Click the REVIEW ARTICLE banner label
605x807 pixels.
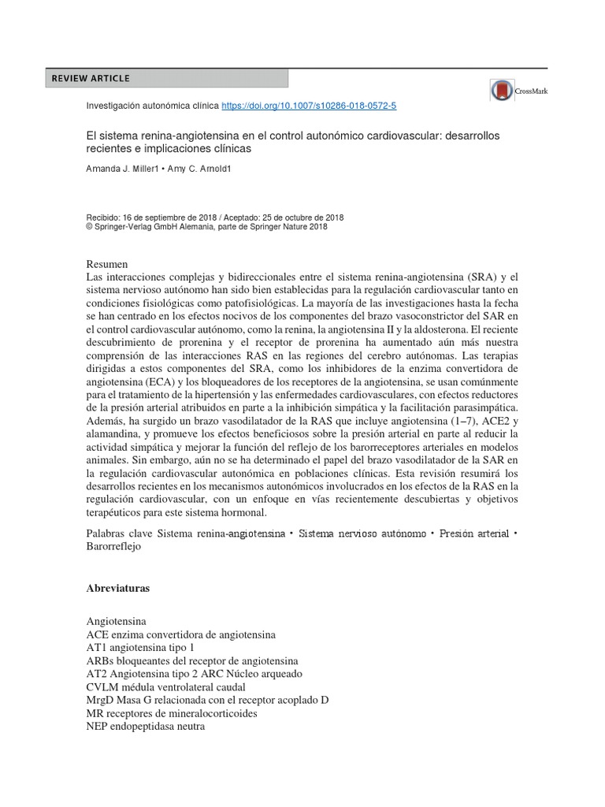point(91,78)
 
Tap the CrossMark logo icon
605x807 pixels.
point(501,91)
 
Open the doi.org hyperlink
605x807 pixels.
point(310,105)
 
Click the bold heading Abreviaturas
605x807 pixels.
point(118,588)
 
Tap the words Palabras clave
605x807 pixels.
point(119,534)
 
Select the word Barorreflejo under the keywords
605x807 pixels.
point(113,547)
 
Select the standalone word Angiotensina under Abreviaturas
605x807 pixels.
point(117,621)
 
